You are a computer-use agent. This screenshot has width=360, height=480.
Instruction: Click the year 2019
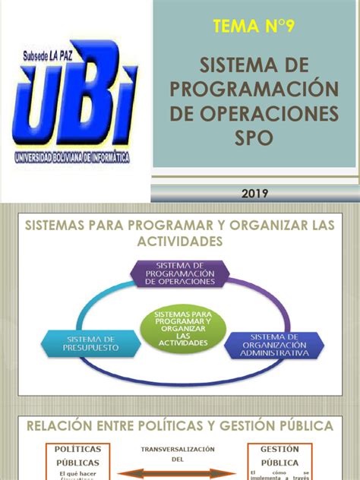coord(256,194)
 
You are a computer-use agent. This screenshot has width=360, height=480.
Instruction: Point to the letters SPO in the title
coord(255,137)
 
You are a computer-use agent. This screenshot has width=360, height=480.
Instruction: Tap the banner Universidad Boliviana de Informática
coord(72,158)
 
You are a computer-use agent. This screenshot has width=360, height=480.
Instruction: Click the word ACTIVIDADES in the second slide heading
coord(179,241)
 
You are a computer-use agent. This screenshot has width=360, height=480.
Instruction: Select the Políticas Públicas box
coord(78,460)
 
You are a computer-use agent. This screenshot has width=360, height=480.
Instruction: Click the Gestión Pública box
coord(279,460)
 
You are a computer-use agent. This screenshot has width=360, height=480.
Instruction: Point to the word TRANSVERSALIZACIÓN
coord(178,449)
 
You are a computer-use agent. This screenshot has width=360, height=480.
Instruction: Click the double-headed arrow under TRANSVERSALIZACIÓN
coord(178,470)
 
